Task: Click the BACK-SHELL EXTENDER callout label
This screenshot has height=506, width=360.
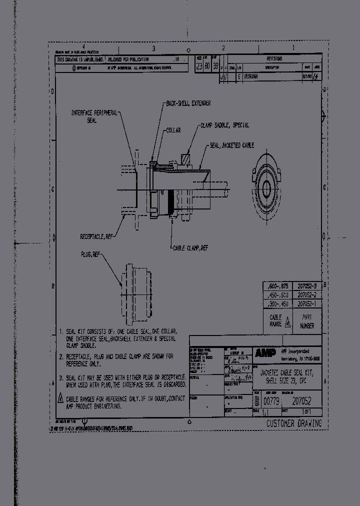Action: [188, 103]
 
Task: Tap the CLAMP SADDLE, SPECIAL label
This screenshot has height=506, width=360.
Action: [224, 125]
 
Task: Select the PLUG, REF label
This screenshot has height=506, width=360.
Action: [90, 254]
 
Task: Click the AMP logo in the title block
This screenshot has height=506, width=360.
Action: [265, 353]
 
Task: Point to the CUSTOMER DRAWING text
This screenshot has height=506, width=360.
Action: [293, 423]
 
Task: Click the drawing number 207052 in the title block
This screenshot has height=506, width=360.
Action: [302, 401]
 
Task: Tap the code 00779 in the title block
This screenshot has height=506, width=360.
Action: [272, 401]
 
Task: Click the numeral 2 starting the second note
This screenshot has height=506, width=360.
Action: [60, 357]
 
